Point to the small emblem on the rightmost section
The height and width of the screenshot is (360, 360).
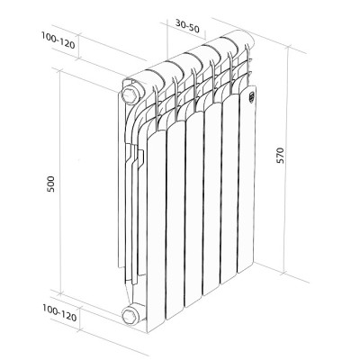coord(252,91)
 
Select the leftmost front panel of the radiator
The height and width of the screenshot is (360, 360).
coord(156,225)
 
